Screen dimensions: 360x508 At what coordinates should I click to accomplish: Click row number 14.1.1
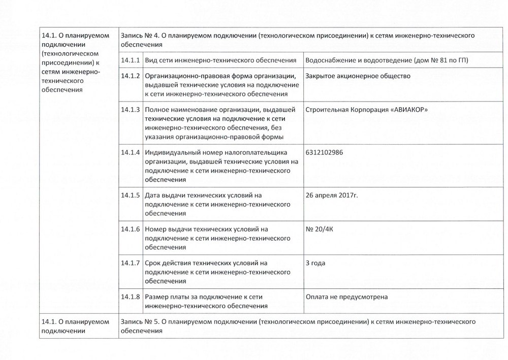[131, 61]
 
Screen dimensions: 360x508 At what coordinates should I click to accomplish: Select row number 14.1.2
[131, 76]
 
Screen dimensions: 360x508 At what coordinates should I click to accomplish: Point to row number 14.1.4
[131, 152]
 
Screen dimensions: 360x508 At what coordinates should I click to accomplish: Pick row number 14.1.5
[131, 195]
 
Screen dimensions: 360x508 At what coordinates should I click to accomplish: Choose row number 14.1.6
[131, 229]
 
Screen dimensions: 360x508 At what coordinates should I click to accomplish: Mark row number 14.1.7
[131, 263]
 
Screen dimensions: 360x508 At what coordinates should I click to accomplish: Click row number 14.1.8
[131, 297]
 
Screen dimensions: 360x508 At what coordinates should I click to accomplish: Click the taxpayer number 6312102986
[325, 152]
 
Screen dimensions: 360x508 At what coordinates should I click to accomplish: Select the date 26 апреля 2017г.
[336, 195]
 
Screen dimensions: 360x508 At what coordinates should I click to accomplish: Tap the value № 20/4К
[320, 229]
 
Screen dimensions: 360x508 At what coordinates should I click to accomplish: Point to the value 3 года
[315, 263]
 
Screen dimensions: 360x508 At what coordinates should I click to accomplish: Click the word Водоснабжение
[329, 61]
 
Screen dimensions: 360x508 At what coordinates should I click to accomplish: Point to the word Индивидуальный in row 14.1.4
[171, 152]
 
